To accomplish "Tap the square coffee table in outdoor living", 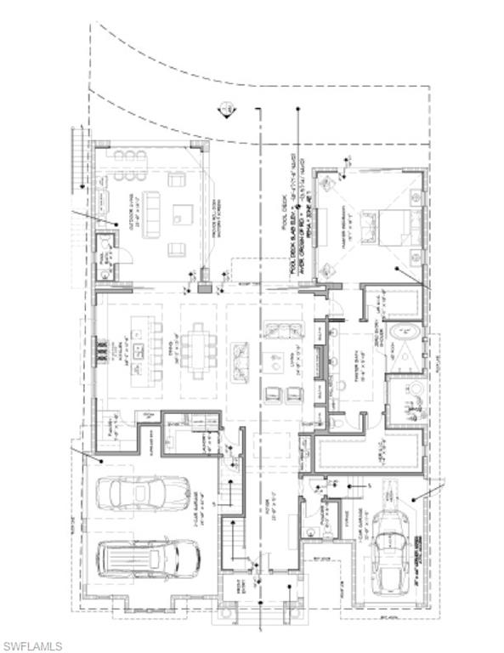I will (183, 213).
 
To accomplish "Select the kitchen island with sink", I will (142, 349).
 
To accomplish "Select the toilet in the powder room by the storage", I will (311, 532).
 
